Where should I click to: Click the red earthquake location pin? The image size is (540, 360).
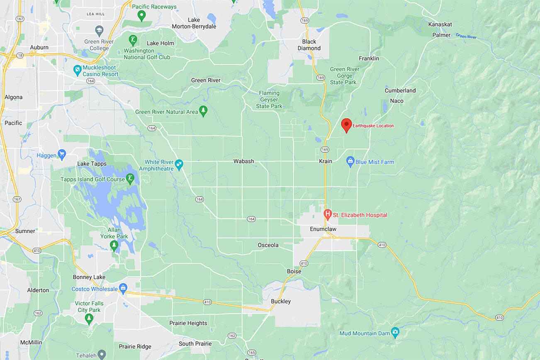pos(346,124)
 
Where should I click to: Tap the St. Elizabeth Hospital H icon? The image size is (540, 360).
pos(327,214)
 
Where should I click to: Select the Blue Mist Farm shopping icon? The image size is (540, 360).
pos(350,161)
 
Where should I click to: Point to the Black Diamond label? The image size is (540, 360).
pos(309,45)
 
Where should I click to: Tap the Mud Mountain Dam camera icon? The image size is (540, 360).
pos(395,333)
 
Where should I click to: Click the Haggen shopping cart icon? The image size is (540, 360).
pos(62,155)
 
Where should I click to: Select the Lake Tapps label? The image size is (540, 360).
pos(92,164)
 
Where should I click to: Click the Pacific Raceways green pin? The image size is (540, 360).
pos(141,16)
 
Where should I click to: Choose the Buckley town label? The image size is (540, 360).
pos(281,301)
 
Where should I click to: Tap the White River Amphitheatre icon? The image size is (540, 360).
pos(179,165)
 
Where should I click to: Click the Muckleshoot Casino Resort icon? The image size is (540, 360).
pos(77,71)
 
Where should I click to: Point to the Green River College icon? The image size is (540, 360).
pos(99,31)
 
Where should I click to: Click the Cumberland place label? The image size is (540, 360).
pos(400,90)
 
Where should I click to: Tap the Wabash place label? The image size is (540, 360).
pos(243,161)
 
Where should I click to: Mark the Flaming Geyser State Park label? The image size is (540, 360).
pos(269,100)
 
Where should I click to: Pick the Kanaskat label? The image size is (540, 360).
pos(440,24)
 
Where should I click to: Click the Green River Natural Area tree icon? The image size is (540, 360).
pos(203,111)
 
